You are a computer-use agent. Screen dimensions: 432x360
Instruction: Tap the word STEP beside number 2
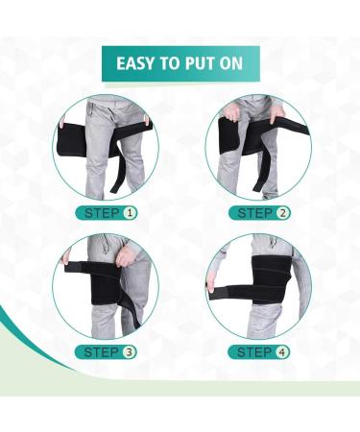coord(255,211)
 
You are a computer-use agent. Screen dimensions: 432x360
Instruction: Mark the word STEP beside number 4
coord(255,351)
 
